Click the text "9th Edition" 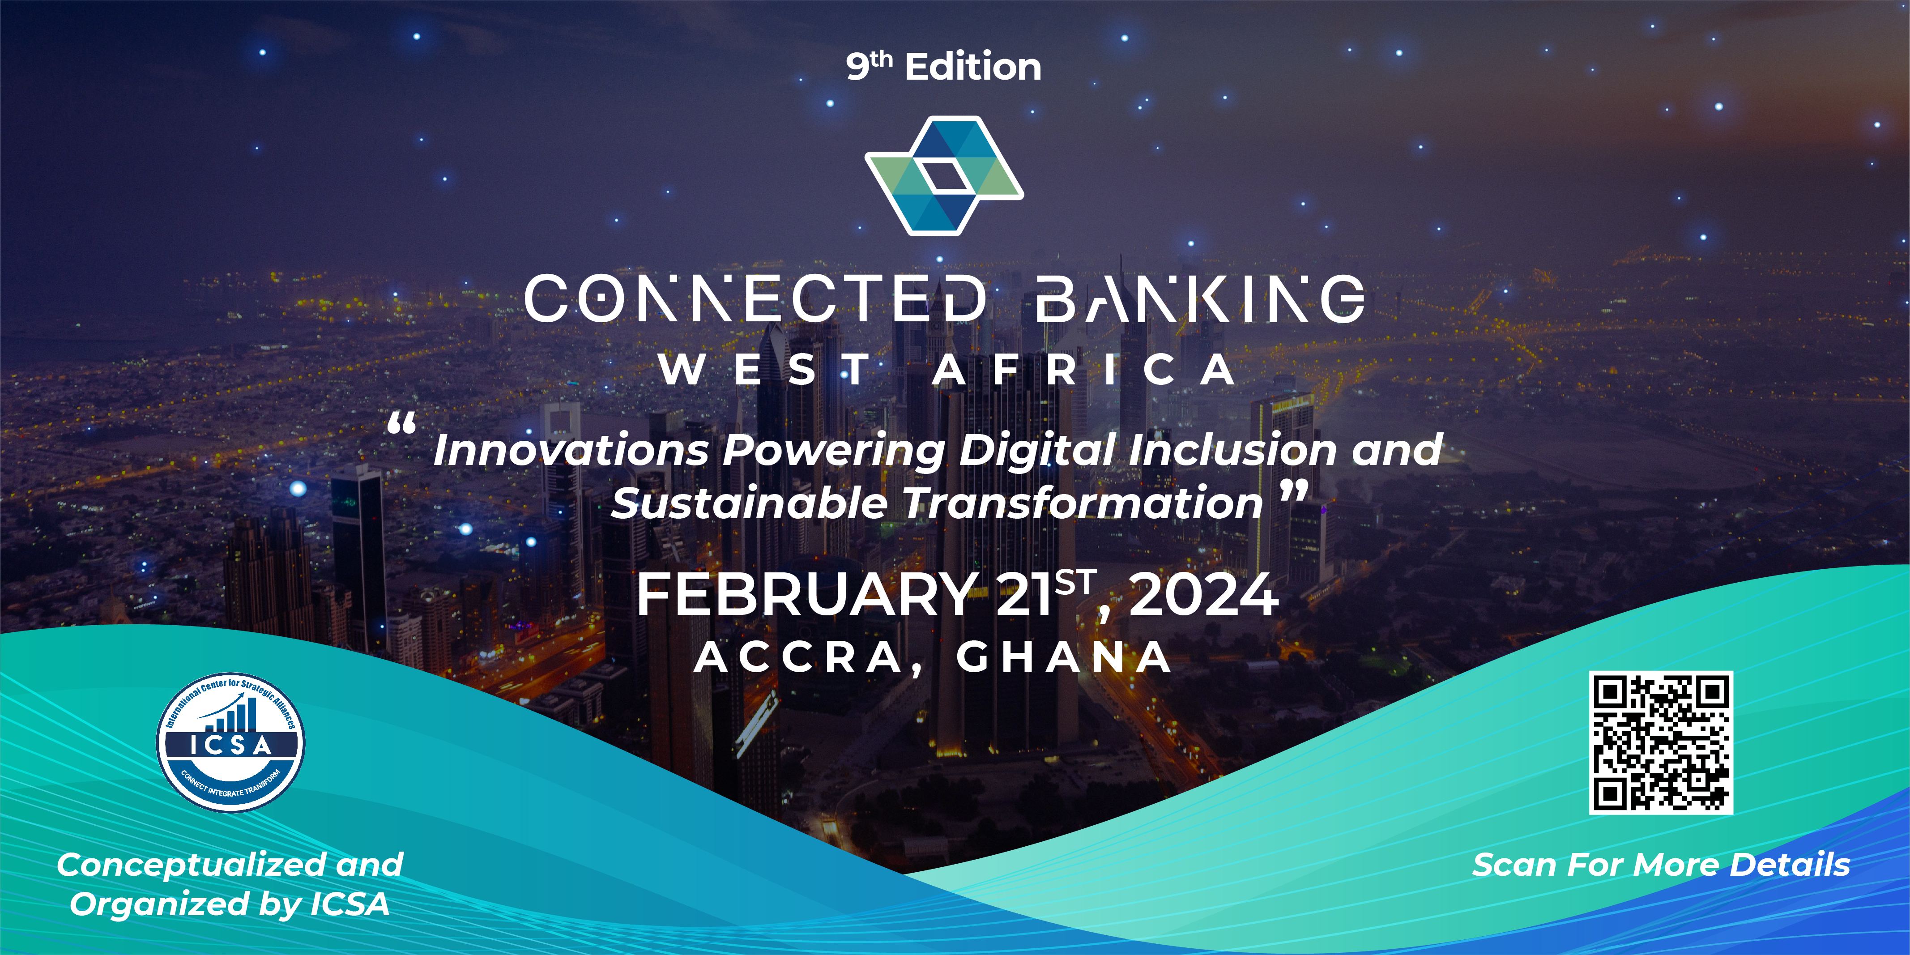coord(943,67)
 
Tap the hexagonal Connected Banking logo coord(944,176)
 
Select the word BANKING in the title coord(1199,299)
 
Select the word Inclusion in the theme coord(1232,450)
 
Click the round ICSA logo coord(230,742)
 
